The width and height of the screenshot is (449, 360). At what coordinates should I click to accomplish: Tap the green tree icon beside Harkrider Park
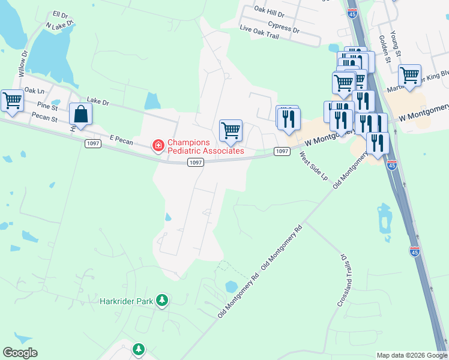coord(161,299)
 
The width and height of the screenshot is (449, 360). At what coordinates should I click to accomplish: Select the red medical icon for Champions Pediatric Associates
coord(158,146)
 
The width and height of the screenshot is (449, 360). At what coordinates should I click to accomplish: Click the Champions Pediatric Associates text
coord(205,147)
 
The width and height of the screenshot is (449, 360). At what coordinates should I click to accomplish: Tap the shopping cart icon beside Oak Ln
coord(12,101)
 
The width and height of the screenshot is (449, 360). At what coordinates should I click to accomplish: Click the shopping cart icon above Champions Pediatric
coord(231,130)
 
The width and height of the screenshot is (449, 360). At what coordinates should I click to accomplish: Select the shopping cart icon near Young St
coord(409,76)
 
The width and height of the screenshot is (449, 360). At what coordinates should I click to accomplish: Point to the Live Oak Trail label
coord(259,33)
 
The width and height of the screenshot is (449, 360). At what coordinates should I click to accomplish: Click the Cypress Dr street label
coord(283,26)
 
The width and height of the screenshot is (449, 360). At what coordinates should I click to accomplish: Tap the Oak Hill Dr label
coord(268,11)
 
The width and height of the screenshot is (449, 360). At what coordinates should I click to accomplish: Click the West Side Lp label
coord(313,167)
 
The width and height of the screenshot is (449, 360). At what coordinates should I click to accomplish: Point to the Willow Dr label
coord(23,63)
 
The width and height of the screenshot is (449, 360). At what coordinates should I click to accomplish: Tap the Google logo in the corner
coord(20,353)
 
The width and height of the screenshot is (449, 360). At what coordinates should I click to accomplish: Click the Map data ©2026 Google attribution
coord(412,355)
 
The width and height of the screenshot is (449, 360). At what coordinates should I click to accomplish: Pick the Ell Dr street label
coord(61,14)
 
